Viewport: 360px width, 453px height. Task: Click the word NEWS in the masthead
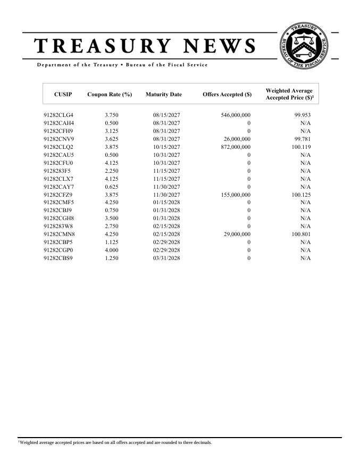coord(218,46)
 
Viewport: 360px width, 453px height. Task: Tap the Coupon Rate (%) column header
coord(110,95)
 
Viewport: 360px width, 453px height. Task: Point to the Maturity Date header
coord(163,95)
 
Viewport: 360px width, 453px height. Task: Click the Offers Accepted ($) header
coord(227,95)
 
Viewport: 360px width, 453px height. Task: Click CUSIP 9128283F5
coord(57,171)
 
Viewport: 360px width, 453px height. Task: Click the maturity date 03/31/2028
coord(167,258)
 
